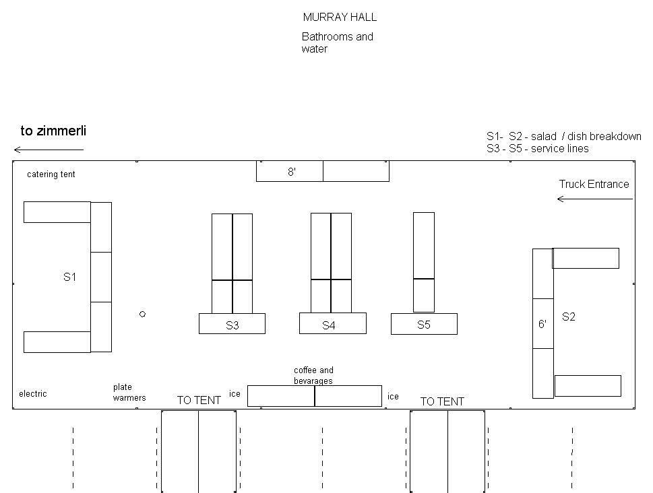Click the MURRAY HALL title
(x=340, y=17)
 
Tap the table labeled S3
(x=232, y=323)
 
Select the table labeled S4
(x=333, y=323)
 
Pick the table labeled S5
(x=424, y=324)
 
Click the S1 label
(x=69, y=277)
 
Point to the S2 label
(x=569, y=317)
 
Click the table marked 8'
(x=289, y=171)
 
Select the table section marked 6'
(x=543, y=323)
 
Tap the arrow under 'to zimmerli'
(x=49, y=150)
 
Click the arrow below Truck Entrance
(x=595, y=199)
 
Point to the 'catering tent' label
(x=51, y=174)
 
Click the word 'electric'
(x=33, y=393)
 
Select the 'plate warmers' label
(x=129, y=392)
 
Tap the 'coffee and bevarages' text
(x=313, y=375)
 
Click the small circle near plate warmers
(x=142, y=314)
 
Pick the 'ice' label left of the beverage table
(x=235, y=393)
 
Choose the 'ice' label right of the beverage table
(x=393, y=397)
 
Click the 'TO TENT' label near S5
(x=442, y=401)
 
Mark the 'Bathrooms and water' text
(x=338, y=42)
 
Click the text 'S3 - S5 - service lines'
(x=538, y=149)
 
